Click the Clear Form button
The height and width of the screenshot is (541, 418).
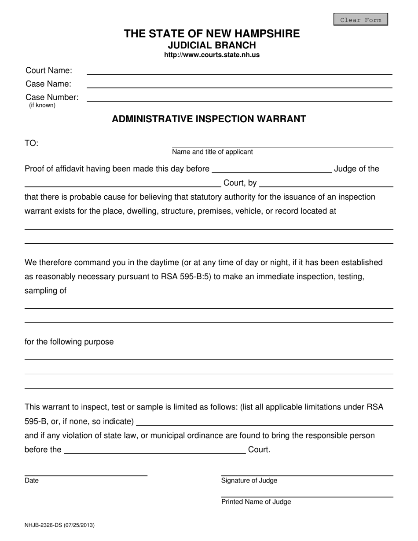click(360, 20)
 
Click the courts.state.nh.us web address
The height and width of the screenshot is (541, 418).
click(212, 55)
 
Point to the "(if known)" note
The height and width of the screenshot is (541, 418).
click(42, 106)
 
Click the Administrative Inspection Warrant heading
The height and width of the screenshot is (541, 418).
click(209, 119)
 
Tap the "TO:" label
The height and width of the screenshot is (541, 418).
click(32, 143)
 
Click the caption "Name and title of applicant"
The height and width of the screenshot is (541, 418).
click(212, 152)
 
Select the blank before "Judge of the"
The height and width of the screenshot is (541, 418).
click(271, 170)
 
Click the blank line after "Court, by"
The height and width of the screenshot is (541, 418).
click(326, 183)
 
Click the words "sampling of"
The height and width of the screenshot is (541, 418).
click(45, 291)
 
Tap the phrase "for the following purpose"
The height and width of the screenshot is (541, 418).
click(69, 342)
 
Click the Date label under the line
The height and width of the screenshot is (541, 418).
click(32, 481)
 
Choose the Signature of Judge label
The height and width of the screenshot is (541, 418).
click(249, 481)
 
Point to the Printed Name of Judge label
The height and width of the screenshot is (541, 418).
click(256, 502)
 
